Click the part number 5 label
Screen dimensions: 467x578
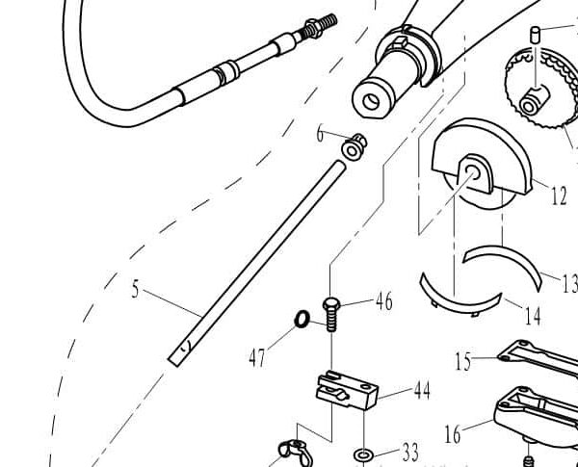(x=137, y=288)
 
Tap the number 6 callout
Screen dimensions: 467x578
(x=320, y=134)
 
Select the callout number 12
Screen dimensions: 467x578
(x=559, y=195)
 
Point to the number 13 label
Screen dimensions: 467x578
(x=567, y=283)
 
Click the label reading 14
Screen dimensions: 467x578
(x=532, y=315)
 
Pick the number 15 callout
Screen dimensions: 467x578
(x=463, y=361)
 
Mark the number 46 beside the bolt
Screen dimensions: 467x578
(x=383, y=302)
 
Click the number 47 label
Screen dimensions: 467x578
(x=257, y=358)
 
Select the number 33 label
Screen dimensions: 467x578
(x=410, y=451)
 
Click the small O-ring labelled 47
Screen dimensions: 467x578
(x=302, y=319)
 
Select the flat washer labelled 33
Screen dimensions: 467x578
(x=364, y=453)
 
